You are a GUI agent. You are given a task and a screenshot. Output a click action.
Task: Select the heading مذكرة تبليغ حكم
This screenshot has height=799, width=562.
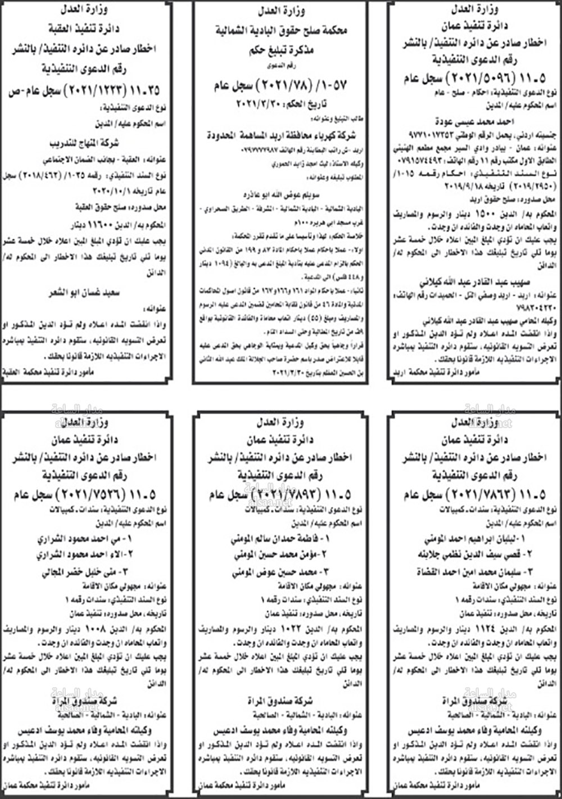(x=280, y=51)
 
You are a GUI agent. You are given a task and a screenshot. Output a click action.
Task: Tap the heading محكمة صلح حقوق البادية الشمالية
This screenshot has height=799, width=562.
(x=280, y=31)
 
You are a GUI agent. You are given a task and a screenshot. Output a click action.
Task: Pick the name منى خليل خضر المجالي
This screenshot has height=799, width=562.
(x=84, y=573)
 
